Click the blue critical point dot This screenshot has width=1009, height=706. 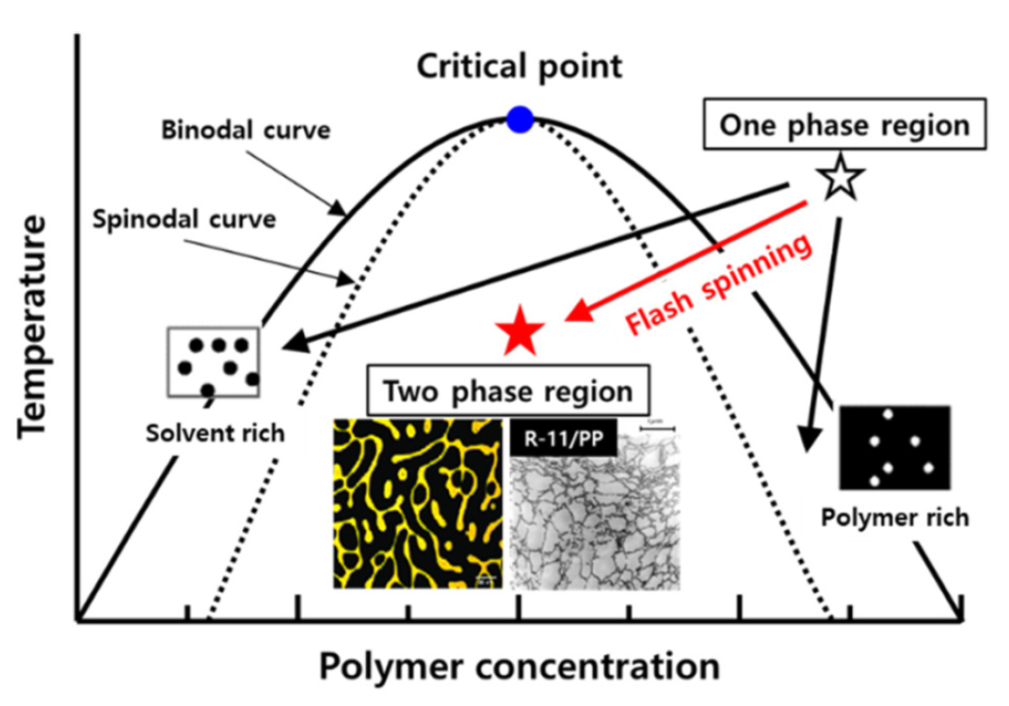tap(520, 120)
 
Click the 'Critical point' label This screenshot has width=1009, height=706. tap(520, 67)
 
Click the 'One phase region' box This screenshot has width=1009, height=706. tap(845, 126)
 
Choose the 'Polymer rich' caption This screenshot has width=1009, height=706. tap(893, 518)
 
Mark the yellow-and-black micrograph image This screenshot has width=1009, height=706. tap(420, 505)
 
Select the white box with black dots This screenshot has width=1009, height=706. tap(214, 361)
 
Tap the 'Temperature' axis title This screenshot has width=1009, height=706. tap(34, 325)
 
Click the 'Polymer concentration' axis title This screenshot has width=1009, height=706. tap(519, 667)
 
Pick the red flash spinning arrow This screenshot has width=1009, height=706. tap(687, 258)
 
